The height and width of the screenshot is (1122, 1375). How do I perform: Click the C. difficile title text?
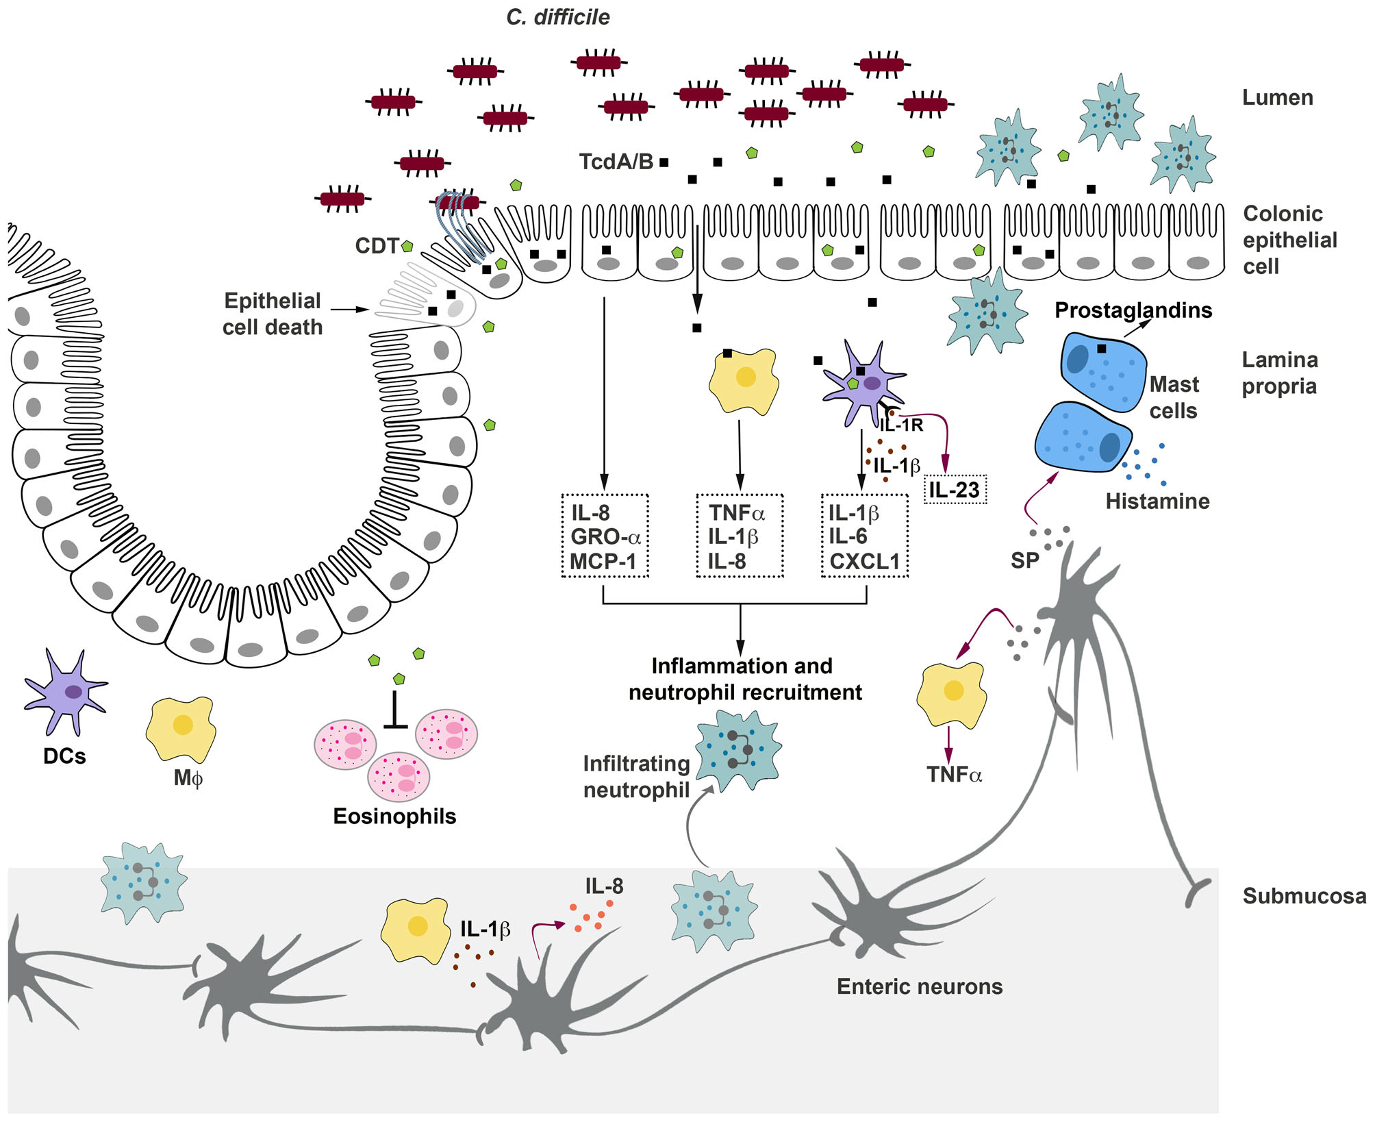[557, 17]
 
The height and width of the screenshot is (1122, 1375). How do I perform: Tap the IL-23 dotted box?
[955, 490]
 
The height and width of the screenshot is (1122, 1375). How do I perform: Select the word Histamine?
[1157, 501]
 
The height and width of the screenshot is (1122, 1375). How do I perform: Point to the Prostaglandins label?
[1133, 310]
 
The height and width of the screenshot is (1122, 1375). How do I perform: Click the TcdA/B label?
[616, 162]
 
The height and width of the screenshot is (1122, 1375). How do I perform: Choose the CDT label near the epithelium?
[377, 246]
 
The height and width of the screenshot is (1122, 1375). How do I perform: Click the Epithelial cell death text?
[273, 314]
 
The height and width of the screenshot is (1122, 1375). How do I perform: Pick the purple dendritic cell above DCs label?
[66, 691]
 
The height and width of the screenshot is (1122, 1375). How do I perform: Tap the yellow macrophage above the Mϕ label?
[181, 728]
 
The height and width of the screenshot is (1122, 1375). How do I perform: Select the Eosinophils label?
[394, 816]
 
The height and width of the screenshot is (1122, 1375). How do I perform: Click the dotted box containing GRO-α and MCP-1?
[605, 536]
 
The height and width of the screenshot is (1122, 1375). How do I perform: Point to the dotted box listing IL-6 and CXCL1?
[864, 536]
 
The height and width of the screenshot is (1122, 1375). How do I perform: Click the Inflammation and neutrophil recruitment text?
[744, 679]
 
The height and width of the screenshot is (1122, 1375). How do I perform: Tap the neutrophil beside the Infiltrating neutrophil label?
[739, 749]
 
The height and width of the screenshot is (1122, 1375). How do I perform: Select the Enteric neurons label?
[920, 986]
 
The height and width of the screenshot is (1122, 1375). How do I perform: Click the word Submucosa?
[1304, 896]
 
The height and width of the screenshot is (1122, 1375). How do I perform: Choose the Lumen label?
[1278, 98]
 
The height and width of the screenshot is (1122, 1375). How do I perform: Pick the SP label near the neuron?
[1024, 561]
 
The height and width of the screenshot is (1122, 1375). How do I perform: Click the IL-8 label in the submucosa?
[604, 886]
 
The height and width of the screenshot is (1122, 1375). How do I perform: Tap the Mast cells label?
[1174, 397]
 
